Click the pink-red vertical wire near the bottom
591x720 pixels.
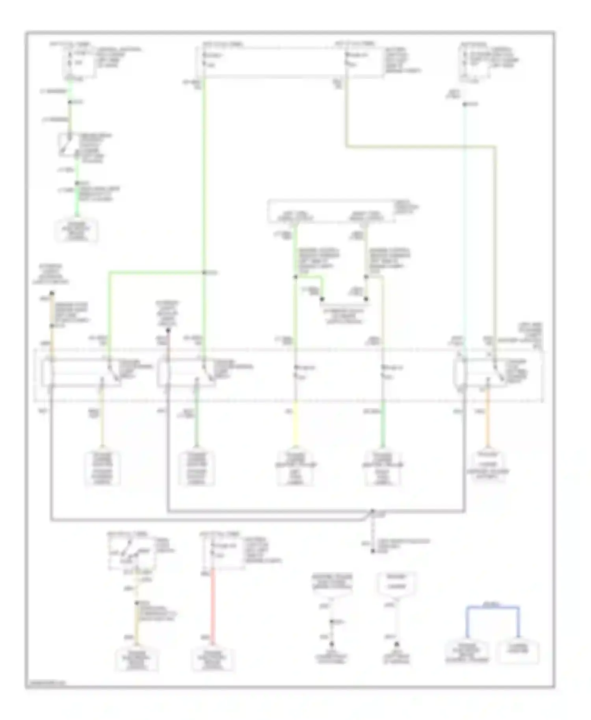coord(213,607)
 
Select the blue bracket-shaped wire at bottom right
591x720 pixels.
coord(492,608)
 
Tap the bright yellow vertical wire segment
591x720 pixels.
coord(296,425)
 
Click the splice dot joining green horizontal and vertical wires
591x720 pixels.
coord(204,273)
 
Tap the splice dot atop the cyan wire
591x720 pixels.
coord(465,104)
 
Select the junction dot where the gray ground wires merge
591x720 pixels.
coord(373,512)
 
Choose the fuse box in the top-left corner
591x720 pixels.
coord(79,62)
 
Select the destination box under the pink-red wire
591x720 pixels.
coord(213,660)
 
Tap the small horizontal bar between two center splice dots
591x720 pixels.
coord(344,304)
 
